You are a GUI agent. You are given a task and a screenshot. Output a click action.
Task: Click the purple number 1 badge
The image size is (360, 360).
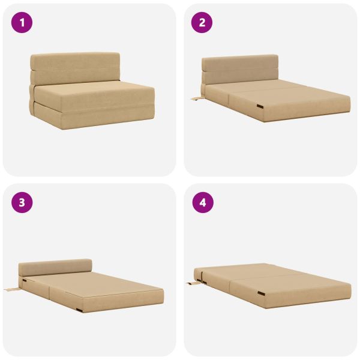pyautogui.click(x=22, y=23)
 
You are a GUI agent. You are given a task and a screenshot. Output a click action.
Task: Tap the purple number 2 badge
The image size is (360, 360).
pyautogui.click(x=202, y=23)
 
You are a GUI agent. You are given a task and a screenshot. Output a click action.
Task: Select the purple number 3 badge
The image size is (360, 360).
pyautogui.click(x=22, y=203)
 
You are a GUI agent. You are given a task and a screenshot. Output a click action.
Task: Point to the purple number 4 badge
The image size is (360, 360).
pyautogui.click(x=203, y=203)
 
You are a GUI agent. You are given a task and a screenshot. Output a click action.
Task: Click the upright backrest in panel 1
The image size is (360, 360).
pyautogui.click(x=76, y=68)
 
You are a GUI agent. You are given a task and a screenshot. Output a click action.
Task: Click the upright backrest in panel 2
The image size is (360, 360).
pyautogui.click(x=240, y=69)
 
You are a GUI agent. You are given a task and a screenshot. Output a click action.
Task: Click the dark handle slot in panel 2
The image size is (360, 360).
pyautogui.click(x=260, y=106)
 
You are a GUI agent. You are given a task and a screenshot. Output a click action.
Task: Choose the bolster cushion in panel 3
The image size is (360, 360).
pyautogui.click(x=55, y=267)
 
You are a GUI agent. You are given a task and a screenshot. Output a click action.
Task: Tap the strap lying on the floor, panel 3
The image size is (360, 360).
pyautogui.click(x=13, y=289)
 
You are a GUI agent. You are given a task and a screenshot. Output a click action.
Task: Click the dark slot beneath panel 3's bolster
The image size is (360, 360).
pyautogui.click(x=24, y=280)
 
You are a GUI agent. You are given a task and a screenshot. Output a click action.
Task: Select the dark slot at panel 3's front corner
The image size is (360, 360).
pyautogui.click(x=80, y=310)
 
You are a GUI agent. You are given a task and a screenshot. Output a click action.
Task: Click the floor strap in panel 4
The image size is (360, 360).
pyautogui.click(x=194, y=283)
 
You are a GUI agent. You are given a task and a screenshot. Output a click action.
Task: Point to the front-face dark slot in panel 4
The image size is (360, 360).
pyautogui.click(x=261, y=293)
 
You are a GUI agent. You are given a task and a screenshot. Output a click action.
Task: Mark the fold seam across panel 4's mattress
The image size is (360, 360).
pyautogui.click(x=267, y=275)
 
